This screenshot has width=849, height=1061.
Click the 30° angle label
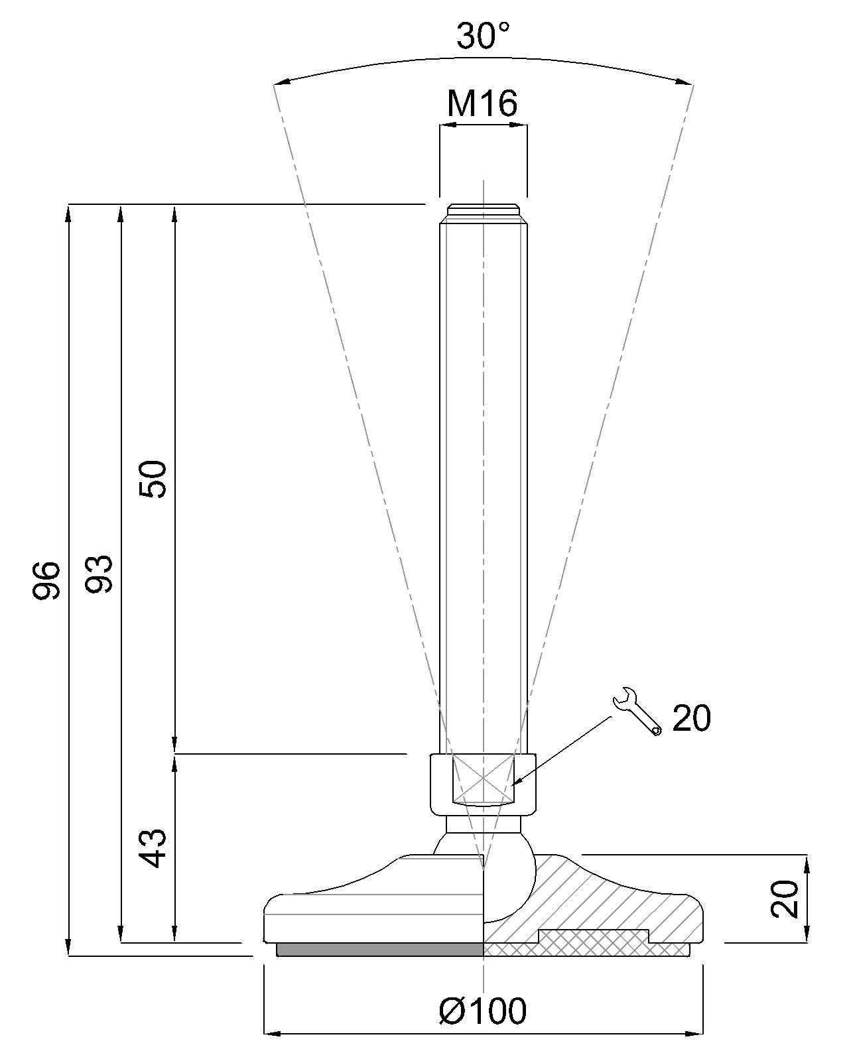tap(484, 36)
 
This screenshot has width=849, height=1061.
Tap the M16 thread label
tap(482, 103)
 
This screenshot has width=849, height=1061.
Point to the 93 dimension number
tap(99, 574)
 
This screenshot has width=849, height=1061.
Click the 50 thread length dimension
tap(153, 478)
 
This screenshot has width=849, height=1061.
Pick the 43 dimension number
tap(153, 847)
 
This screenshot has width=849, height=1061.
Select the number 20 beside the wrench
tap(691, 718)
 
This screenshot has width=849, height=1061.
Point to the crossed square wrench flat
tap(484, 777)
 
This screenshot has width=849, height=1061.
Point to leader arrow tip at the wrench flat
tap(515, 784)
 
